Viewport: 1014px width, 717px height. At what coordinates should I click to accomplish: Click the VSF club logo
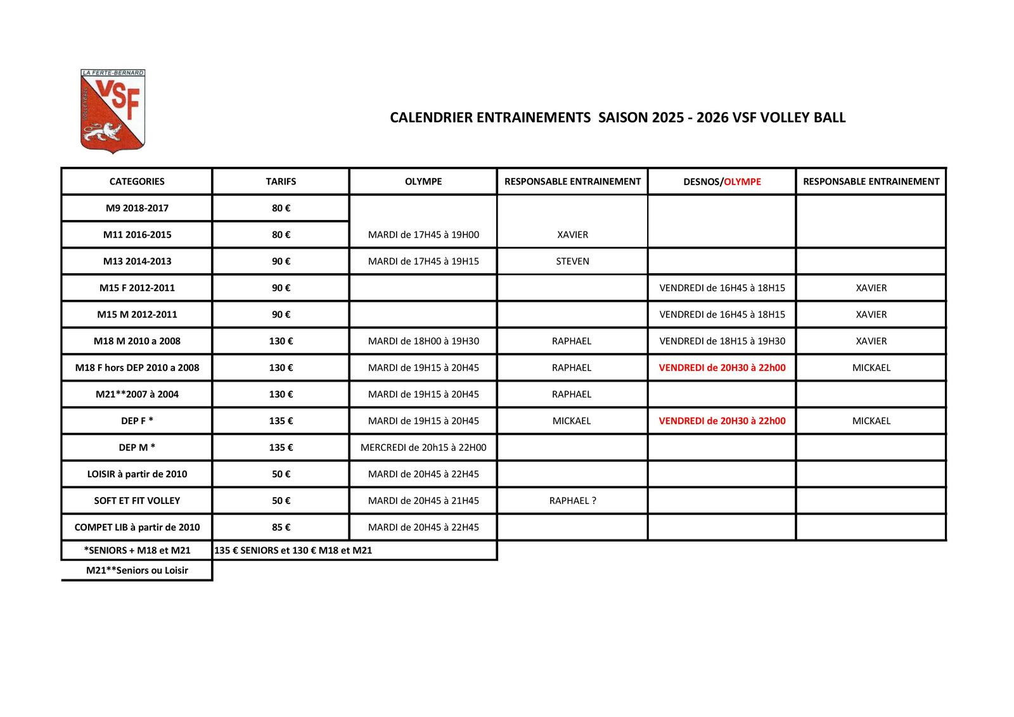pos(113,111)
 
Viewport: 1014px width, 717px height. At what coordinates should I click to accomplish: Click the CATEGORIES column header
pos(137,181)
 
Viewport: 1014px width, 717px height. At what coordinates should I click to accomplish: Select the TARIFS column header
pos(281,181)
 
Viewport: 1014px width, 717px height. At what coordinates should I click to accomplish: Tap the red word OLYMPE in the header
pos(742,182)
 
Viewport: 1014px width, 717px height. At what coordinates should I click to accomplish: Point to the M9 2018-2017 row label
pos(137,208)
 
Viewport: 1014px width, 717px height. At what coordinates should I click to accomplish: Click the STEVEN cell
pos(572,261)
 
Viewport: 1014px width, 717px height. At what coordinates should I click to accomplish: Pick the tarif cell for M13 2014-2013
pos(281,261)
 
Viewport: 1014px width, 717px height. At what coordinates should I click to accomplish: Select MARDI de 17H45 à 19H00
pos(423,235)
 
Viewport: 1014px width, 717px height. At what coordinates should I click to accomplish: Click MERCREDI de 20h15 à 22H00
pos(423,448)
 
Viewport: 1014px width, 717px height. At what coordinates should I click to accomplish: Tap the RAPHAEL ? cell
pos(572,501)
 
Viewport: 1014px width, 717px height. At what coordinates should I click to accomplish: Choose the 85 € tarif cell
pos(281,527)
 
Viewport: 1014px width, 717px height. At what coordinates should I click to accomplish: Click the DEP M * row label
pos(137,448)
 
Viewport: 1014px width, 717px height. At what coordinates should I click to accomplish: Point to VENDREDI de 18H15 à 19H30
pos(722,341)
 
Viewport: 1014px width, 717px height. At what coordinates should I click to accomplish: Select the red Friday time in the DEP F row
pos(722,421)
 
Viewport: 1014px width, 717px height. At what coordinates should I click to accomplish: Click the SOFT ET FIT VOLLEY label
pos(137,501)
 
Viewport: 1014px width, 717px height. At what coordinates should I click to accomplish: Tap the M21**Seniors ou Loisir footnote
pos(137,571)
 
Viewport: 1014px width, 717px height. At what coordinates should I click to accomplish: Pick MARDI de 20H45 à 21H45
pos(423,501)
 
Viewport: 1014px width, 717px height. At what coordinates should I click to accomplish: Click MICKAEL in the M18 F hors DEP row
pos(871,368)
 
